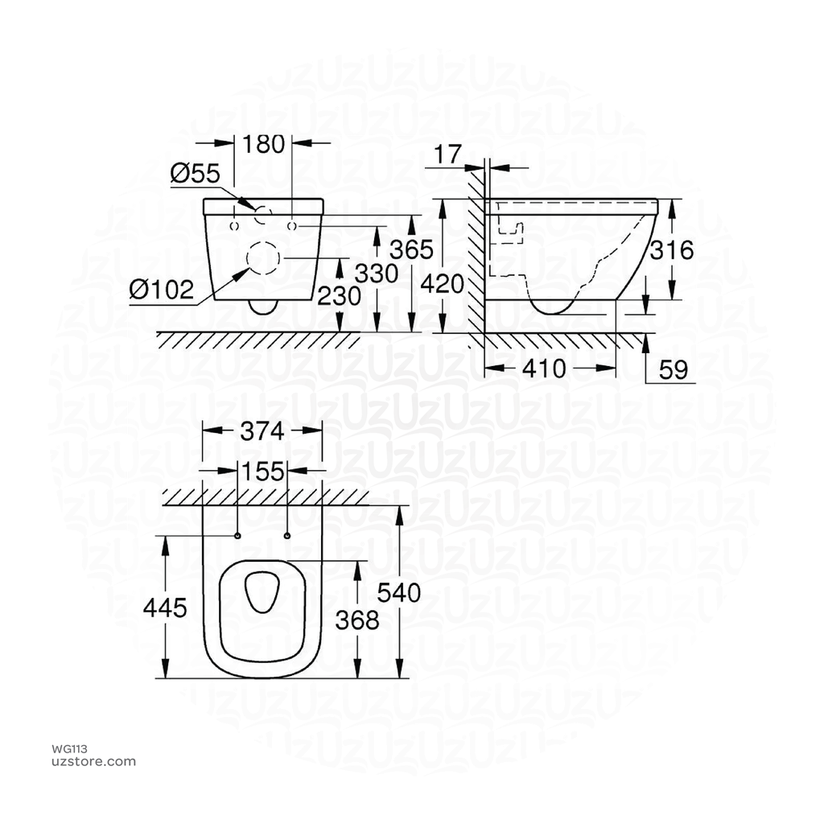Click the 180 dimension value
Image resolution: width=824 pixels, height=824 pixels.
(264, 144)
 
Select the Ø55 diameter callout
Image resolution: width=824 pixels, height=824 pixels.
(195, 173)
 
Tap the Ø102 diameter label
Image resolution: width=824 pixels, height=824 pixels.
(162, 289)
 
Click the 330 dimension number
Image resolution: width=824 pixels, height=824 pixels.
(377, 274)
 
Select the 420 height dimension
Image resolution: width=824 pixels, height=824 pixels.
(443, 284)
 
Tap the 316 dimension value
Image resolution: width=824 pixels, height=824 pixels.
(672, 250)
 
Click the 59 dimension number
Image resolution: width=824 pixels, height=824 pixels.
(674, 369)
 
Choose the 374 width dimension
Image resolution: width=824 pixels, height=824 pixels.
(263, 431)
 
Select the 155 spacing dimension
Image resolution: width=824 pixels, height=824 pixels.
(264, 471)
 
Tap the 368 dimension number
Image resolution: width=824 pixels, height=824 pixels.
(357, 620)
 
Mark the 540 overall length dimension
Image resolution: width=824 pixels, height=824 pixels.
(399, 593)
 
